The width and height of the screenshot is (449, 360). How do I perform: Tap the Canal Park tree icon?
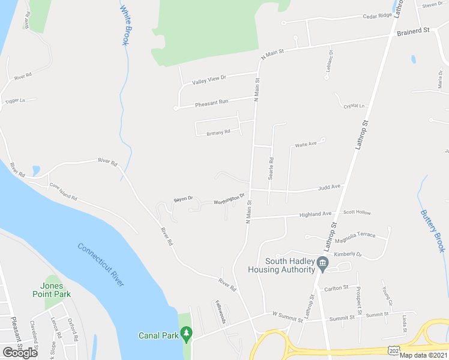[x=186, y=332]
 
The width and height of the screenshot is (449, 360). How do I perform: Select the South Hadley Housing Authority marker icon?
[x=322, y=263]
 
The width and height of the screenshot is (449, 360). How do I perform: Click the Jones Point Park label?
[x=52, y=290]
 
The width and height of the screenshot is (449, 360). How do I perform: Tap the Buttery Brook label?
[x=432, y=230]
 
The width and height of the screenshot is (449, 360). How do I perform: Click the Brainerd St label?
[x=413, y=30]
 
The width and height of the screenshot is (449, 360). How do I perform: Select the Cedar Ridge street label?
[x=377, y=16]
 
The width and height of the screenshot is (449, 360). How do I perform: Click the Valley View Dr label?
[x=208, y=79]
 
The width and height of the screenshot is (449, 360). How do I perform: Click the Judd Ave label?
[x=329, y=187]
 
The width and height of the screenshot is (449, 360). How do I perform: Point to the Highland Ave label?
[x=316, y=214]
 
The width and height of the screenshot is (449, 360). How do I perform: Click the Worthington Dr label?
[x=229, y=199]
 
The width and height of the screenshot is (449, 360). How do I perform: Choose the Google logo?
[x=20, y=352]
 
